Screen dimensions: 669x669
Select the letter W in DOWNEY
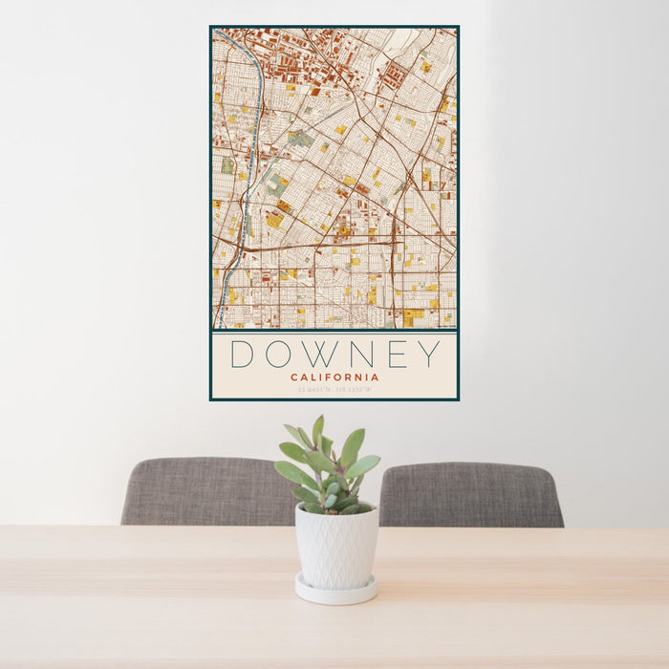click(x=326, y=354)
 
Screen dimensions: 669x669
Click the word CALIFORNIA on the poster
click(x=334, y=377)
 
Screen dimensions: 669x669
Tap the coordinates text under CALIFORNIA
click(x=334, y=389)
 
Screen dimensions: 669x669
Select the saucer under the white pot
click(x=334, y=593)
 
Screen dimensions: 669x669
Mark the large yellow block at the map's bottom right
click(x=412, y=314)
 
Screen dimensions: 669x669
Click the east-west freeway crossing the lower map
click(x=315, y=245)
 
